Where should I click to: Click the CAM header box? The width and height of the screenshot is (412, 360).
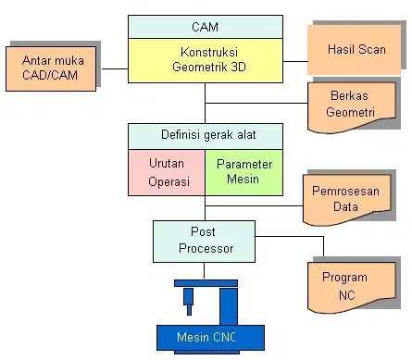click(206, 27)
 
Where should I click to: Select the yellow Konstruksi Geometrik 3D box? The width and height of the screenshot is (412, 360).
click(206, 60)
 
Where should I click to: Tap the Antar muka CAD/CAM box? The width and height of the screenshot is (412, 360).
click(51, 68)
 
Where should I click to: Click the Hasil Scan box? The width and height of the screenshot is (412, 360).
click(355, 50)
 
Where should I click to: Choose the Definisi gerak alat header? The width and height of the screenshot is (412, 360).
click(206, 136)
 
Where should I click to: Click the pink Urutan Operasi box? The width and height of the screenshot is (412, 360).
click(167, 172)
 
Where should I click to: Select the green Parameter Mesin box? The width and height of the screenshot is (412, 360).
click(244, 172)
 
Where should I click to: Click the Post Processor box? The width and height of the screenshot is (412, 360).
click(204, 242)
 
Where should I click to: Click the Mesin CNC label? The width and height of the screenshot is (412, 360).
click(206, 337)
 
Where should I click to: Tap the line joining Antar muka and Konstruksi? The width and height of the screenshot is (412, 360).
click(115, 68)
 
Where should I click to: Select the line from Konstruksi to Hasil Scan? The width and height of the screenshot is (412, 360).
click(295, 61)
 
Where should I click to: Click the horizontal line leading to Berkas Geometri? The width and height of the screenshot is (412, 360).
click(256, 103)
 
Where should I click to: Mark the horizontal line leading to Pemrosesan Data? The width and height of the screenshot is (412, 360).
click(254, 205)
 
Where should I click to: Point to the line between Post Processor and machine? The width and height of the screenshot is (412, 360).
click(204, 270)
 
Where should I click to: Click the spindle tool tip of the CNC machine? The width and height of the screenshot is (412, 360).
click(189, 314)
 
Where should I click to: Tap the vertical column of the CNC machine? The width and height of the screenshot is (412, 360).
click(229, 306)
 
